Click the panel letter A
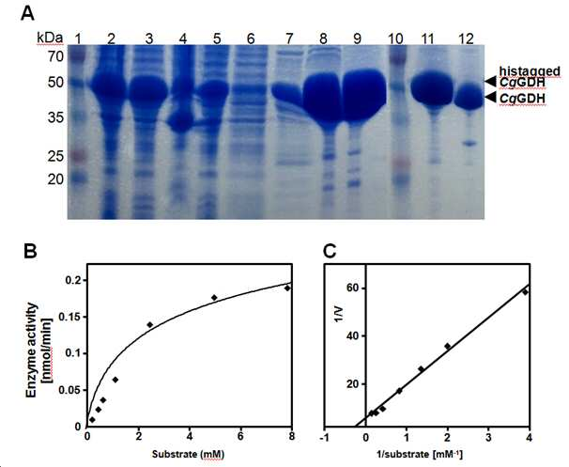coord(28,14)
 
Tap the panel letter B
coord(30,251)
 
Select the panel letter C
coord(330,251)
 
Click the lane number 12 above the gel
coord(467,39)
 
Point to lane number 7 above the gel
coord(289,39)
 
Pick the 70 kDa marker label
coord(55,56)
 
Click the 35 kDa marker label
coord(55,117)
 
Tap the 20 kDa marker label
coord(55,179)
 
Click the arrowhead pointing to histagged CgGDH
coord(491,82)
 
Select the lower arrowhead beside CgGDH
coord(491,98)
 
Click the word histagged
coord(530,71)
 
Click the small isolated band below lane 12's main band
coord(469,144)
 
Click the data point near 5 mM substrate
coord(214,298)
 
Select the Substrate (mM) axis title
coord(188,454)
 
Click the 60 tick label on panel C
coord(350,288)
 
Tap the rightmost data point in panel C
coord(524,291)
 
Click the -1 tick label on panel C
coord(325,438)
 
